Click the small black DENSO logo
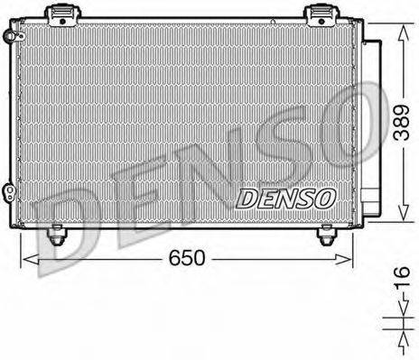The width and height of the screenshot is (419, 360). pyautogui.click(x=285, y=197)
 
